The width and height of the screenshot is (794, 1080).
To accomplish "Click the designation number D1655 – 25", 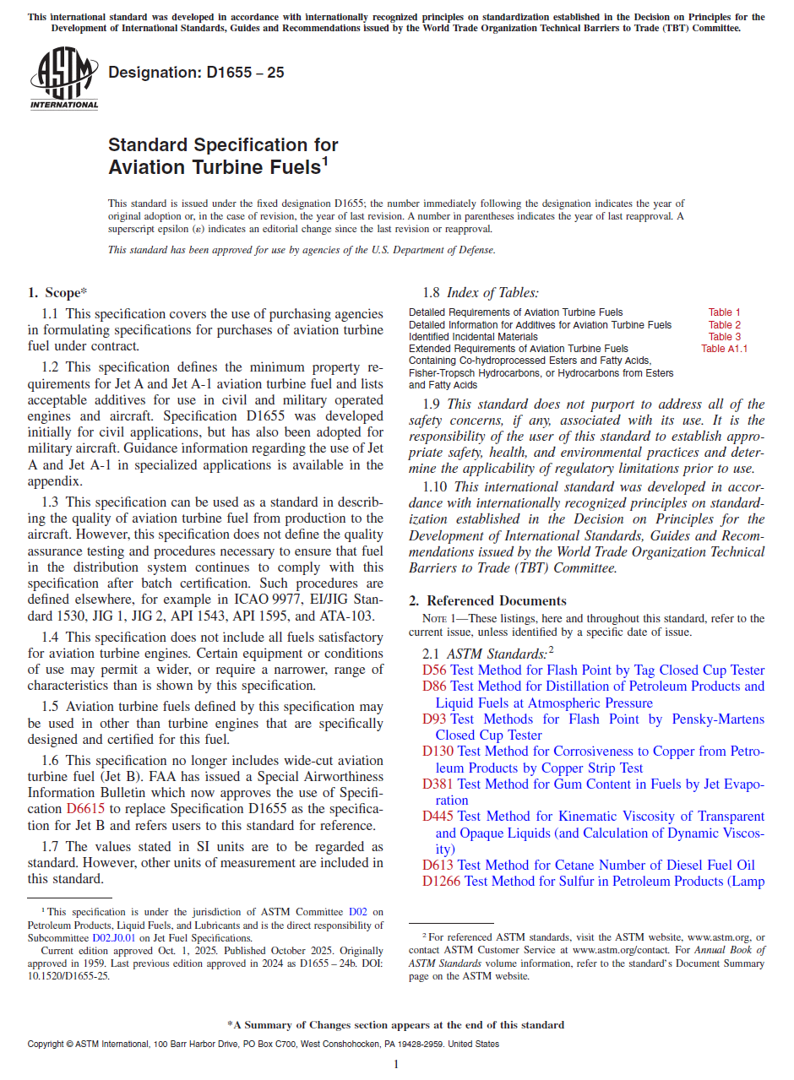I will coord(196,73).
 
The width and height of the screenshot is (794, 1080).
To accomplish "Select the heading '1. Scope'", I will coord(57,293).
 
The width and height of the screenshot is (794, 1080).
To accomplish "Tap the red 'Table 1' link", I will coord(725,312).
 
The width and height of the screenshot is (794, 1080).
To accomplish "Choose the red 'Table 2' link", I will coord(725,324).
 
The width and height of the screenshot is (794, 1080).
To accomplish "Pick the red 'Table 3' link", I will coord(725,336).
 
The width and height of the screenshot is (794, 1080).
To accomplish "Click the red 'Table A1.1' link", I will coord(724,348).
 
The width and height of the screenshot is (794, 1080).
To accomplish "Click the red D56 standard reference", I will coord(434,670).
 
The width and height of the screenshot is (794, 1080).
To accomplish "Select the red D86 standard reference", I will coord(434,687).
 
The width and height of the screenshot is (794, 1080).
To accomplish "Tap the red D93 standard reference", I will coord(434,719).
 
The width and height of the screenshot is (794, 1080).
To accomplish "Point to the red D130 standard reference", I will coord(438,752).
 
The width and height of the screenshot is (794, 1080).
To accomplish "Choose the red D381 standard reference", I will coord(438,784).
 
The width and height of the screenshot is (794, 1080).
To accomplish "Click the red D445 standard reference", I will coord(438,817).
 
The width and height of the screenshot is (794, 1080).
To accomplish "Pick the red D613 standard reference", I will coord(438,866).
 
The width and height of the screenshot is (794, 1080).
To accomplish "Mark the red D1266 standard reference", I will coord(441,882).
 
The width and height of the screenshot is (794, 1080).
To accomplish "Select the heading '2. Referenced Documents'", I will coord(487,601).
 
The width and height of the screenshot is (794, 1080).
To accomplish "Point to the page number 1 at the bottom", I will coord(395,1064).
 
